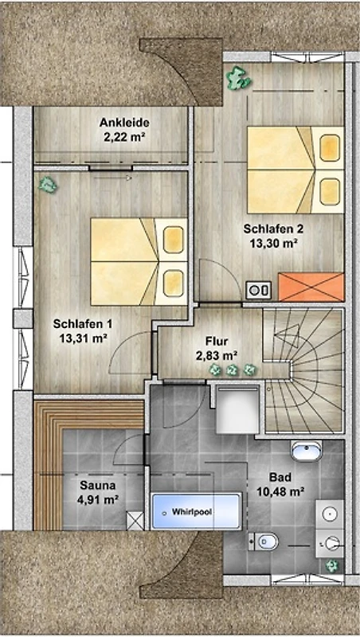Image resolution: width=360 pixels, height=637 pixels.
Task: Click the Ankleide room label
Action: (x=124, y=123)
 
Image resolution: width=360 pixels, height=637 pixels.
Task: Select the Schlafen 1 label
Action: (x=83, y=324)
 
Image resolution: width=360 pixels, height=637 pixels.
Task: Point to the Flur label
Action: (x=217, y=342)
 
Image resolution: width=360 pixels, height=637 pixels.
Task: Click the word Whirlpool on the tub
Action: (x=192, y=512)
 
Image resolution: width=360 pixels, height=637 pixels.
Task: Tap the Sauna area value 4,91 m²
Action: (x=97, y=499)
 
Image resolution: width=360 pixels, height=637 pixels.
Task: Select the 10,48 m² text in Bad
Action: (x=281, y=492)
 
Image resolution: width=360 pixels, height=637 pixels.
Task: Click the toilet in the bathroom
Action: (x=264, y=541)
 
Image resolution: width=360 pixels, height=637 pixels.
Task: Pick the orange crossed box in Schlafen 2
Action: (x=311, y=287)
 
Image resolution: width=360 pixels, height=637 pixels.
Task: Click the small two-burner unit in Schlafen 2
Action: (x=258, y=290)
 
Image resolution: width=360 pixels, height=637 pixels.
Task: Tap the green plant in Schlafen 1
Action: (x=48, y=185)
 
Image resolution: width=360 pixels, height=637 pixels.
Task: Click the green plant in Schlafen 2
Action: (x=238, y=78)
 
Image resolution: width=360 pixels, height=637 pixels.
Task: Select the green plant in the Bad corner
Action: (x=332, y=565)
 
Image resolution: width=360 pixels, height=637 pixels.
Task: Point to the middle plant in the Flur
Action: (x=232, y=370)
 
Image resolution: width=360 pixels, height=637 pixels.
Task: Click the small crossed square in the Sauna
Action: (x=135, y=521)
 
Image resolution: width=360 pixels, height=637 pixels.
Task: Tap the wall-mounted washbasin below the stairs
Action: (x=307, y=451)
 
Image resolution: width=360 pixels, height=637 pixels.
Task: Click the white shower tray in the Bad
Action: (x=237, y=409)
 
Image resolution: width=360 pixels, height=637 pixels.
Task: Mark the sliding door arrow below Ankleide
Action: (x=110, y=178)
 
